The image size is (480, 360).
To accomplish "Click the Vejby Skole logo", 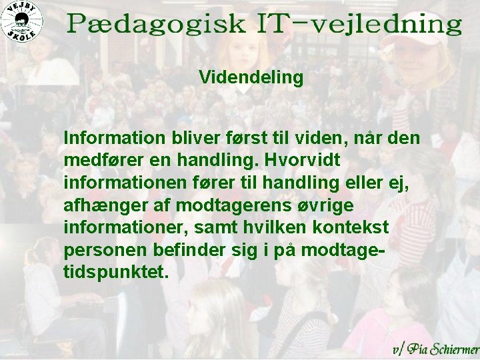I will (x=21, y=21).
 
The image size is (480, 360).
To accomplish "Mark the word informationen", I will (x=117, y=183).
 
